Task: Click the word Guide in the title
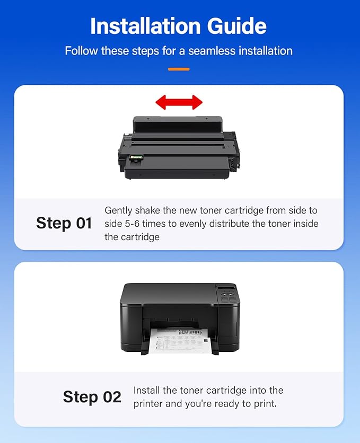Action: (239, 26)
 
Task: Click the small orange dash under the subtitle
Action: (179, 69)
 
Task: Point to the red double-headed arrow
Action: (179, 102)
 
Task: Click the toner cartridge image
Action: (179, 148)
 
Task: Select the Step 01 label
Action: (64, 223)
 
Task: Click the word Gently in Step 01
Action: (118, 210)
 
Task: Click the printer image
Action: (179, 318)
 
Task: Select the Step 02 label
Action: (92, 397)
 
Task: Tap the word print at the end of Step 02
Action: (264, 404)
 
